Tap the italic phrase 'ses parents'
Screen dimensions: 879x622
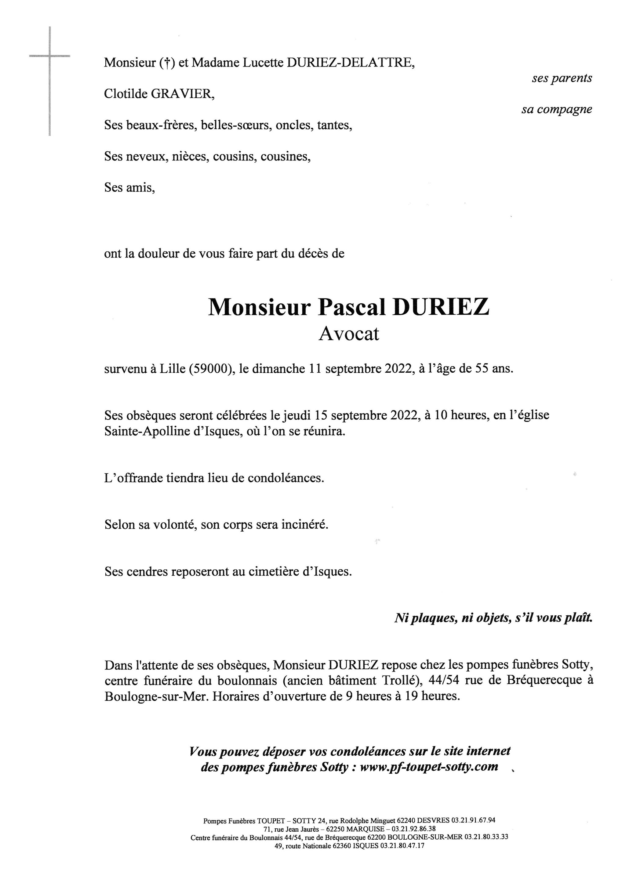click(562, 78)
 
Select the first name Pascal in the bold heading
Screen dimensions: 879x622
click(351, 307)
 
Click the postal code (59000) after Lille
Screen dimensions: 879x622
click(211, 369)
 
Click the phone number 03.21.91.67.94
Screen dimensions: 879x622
click(473, 820)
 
